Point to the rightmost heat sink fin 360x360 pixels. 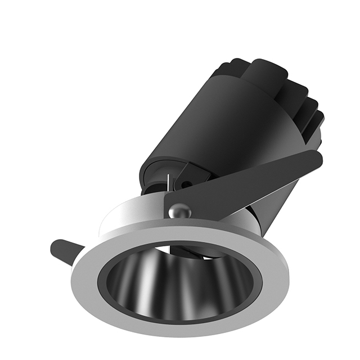click(318, 121)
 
